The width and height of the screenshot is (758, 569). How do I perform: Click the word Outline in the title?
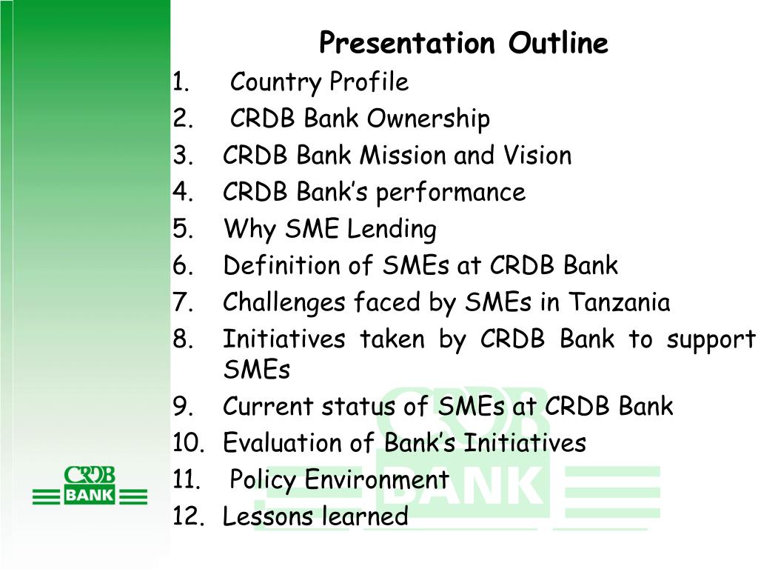click(558, 42)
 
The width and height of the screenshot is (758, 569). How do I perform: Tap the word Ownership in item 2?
click(429, 119)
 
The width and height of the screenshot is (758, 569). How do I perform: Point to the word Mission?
click(403, 156)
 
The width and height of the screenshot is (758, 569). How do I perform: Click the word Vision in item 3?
click(537, 156)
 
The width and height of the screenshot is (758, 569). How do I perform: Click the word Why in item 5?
click(249, 230)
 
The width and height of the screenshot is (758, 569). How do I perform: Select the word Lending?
click(392, 230)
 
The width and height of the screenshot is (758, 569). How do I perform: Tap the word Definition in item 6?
click(298, 265)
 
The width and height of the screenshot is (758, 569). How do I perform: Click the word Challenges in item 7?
click(284, 303)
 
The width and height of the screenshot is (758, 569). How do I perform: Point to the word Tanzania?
click(619, 302)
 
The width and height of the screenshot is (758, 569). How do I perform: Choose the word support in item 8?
click(711, 340)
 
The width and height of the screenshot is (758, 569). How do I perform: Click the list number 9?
click(184, 407)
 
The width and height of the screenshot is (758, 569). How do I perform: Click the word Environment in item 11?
click(377, 479)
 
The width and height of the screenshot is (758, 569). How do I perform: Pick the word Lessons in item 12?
click(267, 516)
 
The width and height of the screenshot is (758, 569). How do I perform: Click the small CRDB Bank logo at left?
click(90, 485)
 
